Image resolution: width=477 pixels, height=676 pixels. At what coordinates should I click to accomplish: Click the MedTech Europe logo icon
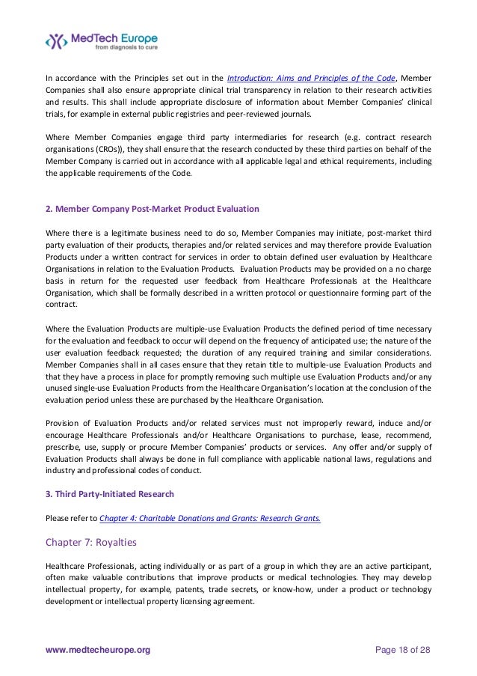(x=58, y=40)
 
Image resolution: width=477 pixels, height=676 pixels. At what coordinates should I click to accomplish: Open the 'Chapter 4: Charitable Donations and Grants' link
(x=210, y=517)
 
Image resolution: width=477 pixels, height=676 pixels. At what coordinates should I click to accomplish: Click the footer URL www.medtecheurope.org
(x=97, y=651)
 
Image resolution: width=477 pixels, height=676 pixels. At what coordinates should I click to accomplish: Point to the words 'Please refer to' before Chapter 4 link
(x=71, y=517)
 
